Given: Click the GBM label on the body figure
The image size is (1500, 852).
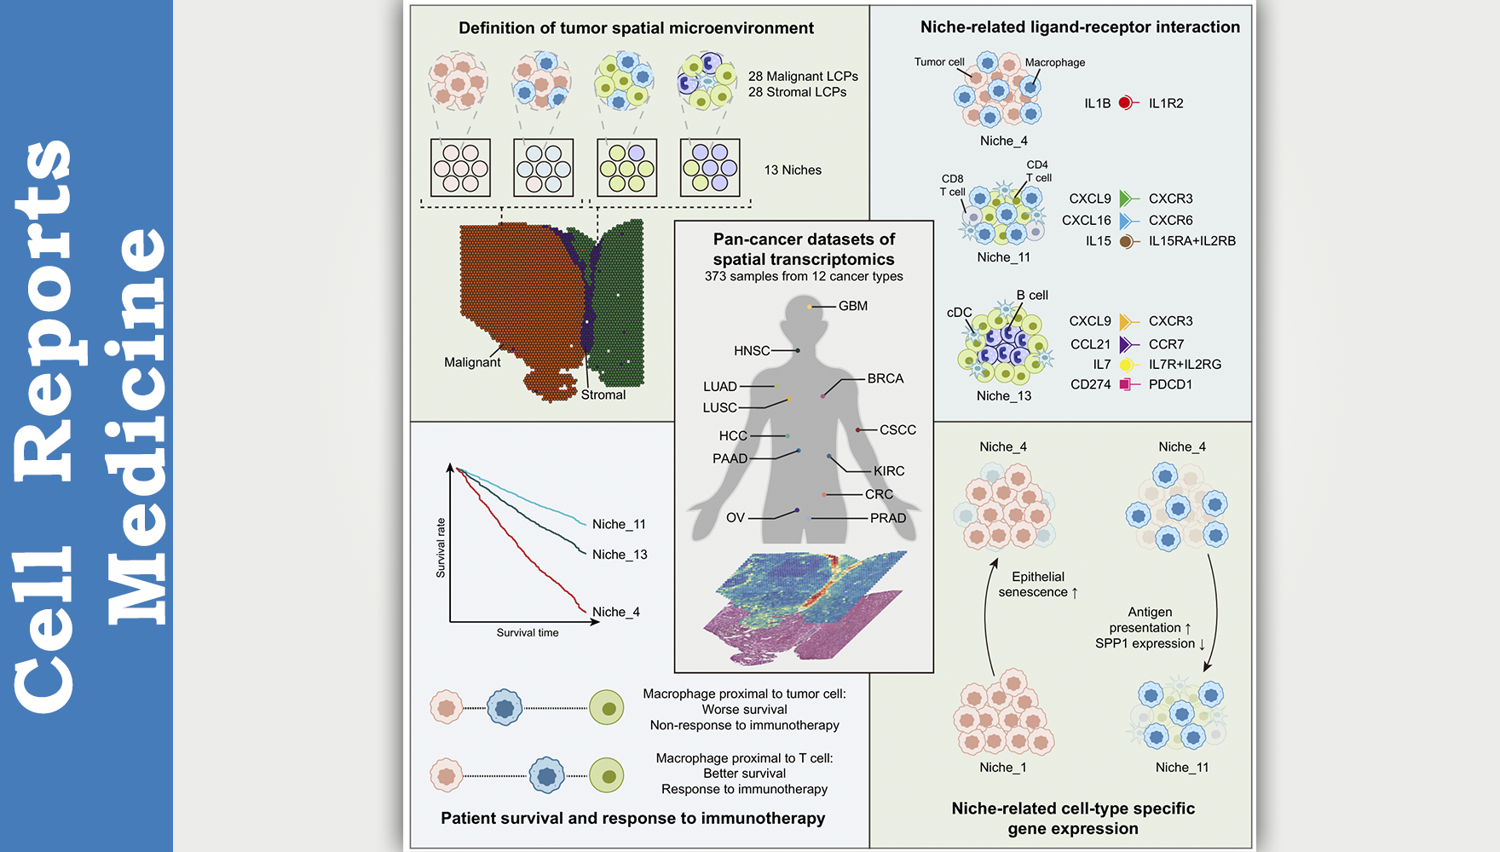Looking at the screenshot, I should tap(852, 306).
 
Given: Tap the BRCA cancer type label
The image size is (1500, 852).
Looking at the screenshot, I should tap(885, 378).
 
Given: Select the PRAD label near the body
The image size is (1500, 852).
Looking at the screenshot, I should tap(887, 518).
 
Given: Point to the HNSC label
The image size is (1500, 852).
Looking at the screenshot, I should tap(752, 351).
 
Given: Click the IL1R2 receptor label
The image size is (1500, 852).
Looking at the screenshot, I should tap(1165, 103).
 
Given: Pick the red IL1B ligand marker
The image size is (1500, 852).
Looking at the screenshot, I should tap(1126, 103).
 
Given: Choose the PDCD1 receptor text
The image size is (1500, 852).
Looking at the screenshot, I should tap(1170, 384).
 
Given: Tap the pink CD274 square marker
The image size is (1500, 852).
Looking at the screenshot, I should tap(1126, 384).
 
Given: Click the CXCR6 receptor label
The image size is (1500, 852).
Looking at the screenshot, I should tap(1170, 220).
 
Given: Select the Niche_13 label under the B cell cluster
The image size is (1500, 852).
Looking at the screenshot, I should tap(1003, 395).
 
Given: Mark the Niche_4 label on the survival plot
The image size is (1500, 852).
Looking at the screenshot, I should tap(615, 612).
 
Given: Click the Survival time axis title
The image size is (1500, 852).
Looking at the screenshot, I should tap(528, 632).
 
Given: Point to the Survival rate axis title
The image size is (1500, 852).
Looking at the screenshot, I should tap(441, 548).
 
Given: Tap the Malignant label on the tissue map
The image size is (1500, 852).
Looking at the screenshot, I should tap(472, 362).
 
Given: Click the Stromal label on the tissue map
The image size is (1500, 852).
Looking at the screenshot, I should tap(603, 394).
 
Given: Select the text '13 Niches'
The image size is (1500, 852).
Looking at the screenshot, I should tap(793, 170).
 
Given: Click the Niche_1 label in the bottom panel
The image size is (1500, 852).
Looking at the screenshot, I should tap(1002, 768).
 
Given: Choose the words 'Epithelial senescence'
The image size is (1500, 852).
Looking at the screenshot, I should tap(1037, 584).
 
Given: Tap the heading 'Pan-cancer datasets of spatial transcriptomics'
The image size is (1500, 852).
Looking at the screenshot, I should tap(804, 249).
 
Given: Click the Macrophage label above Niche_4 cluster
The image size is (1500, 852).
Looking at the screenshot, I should tap(1054, 62).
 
